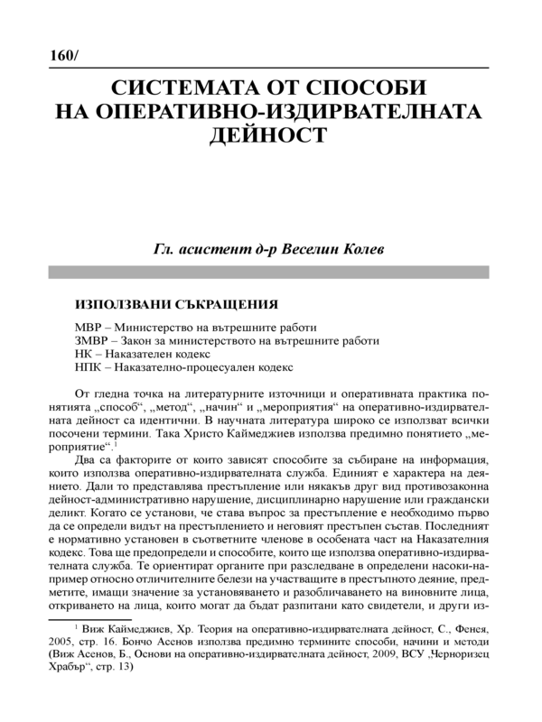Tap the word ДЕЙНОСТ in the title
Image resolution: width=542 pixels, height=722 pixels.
(272, 135)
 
